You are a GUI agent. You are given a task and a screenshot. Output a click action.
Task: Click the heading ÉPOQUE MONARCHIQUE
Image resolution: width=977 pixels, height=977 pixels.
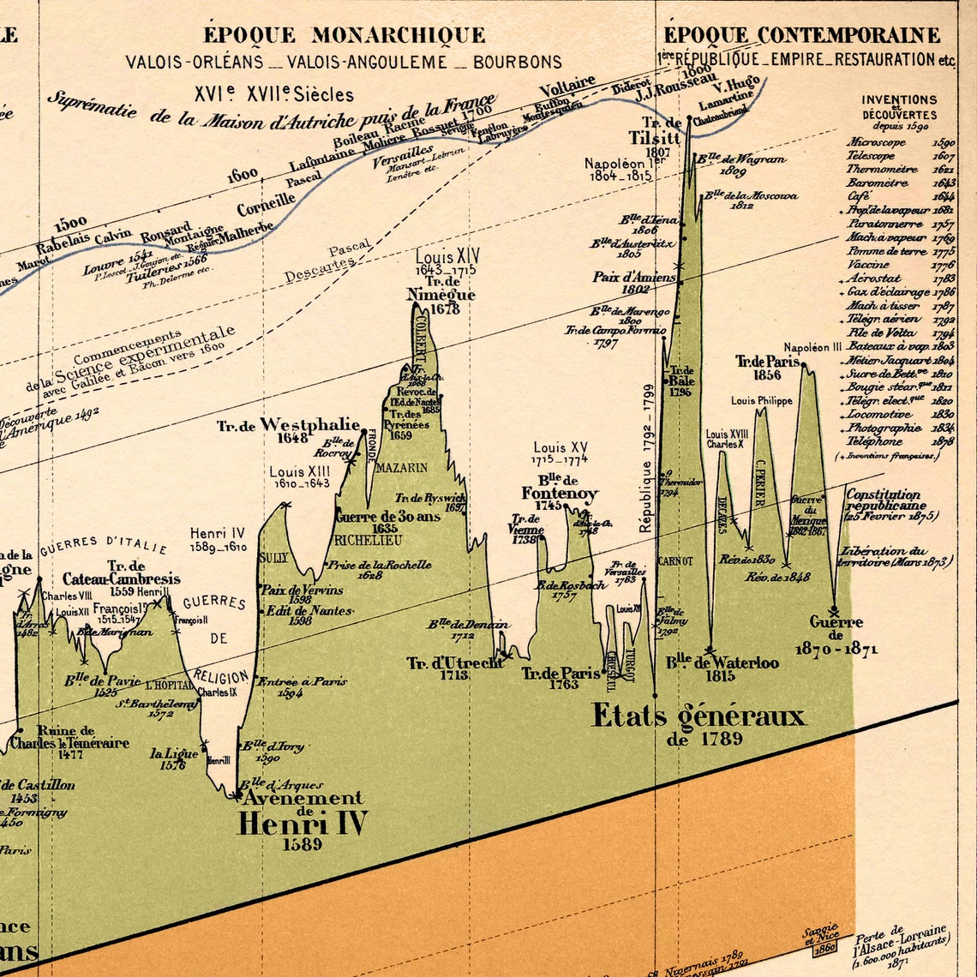[x=344, y=36]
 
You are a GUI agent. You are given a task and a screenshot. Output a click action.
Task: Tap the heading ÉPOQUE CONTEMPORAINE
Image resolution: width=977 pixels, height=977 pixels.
[x=802, y=36]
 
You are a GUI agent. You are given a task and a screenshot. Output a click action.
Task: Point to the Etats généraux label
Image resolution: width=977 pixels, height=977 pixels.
[x=698, y=716]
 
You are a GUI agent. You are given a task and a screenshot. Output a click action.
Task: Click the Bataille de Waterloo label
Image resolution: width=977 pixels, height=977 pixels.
[x=722, y=663]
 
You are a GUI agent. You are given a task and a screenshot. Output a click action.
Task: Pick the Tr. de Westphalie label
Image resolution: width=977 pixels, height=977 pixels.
[x=288, y=425]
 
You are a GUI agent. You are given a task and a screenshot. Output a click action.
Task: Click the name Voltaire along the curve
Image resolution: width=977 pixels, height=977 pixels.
[x=566, y=86]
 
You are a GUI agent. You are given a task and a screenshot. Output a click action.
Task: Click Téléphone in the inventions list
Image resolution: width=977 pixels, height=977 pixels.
[x=873, y=441]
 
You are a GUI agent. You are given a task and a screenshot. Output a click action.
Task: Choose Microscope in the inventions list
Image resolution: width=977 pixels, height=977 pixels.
[x=876, y=143]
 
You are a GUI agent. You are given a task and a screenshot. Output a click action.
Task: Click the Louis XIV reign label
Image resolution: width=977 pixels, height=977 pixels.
[x=447, y=256]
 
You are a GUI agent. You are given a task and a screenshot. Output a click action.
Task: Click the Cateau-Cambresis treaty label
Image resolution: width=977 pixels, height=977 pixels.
[x=121, y=579]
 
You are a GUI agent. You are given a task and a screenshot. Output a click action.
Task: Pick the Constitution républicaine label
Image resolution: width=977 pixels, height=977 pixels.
[x=883, y=494]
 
